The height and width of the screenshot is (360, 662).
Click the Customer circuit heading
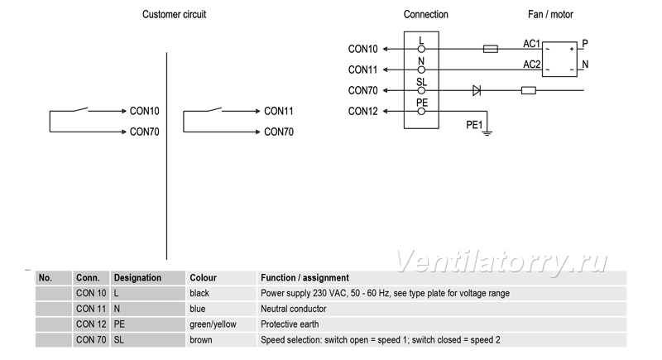pos(174,14)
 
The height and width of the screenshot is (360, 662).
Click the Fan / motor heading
pos(550,14)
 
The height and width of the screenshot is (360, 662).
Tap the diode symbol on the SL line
pos(477,90)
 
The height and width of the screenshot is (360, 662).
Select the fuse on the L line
pos(490,49)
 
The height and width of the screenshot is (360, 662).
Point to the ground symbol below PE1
pos(487,133)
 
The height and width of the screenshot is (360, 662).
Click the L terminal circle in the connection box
pos(421,49)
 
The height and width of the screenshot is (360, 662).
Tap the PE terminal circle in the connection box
pos(421,112)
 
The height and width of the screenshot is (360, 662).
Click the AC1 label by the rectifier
pos(531,44)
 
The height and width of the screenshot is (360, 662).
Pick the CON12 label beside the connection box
pos(362,112)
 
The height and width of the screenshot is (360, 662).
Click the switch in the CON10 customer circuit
pos(81,110)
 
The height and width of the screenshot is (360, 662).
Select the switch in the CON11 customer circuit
pos(214,110)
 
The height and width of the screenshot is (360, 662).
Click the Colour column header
pos(203,278)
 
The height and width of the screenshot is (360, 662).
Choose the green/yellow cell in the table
pos(213,324)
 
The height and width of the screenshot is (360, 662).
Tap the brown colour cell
pos(201,340)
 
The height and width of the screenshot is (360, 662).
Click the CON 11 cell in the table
pos(91,309)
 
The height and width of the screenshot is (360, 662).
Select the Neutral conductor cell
pos(294,309)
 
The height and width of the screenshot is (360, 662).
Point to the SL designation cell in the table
pos(118,340)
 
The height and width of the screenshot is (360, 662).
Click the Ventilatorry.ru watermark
pos(501,262)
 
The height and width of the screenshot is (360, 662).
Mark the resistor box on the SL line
pos(529,90)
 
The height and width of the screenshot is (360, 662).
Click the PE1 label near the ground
pos(474,125)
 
